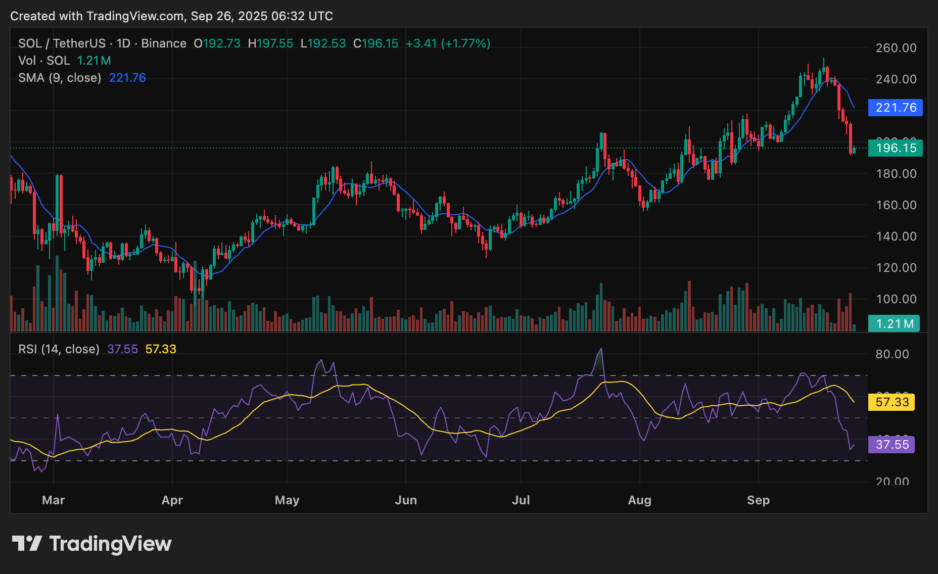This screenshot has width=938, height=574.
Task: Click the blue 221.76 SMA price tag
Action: pos(895,108)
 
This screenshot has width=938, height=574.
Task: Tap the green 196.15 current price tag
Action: pos(895,148)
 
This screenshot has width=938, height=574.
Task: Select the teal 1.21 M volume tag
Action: pos(894,324)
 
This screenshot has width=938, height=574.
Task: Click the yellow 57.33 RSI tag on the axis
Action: pos(892,402)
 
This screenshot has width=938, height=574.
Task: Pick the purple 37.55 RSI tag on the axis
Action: pos(892,445)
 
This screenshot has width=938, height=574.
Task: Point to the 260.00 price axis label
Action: pos(896,48)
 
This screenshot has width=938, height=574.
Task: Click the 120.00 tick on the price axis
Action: pos(896,268)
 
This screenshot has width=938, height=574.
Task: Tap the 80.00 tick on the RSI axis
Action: pos(892,354)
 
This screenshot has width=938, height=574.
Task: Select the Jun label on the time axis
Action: pos(406,500)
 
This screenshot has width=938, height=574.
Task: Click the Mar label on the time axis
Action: pos(54,500)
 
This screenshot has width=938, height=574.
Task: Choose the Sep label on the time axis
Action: pos(758,500)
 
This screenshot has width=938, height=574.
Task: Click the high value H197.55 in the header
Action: pos(270,43)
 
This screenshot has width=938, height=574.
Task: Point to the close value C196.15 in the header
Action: pos(376,43)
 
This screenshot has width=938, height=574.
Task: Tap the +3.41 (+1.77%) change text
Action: pos(448,43)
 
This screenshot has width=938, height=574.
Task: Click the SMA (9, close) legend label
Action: pos(60,78)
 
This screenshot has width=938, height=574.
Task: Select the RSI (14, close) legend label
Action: pos(59,349)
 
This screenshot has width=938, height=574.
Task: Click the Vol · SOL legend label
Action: pos(44,61)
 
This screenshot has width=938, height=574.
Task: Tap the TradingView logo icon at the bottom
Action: pos(27,544)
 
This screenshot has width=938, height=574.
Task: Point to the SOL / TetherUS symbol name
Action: pos(62,43)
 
